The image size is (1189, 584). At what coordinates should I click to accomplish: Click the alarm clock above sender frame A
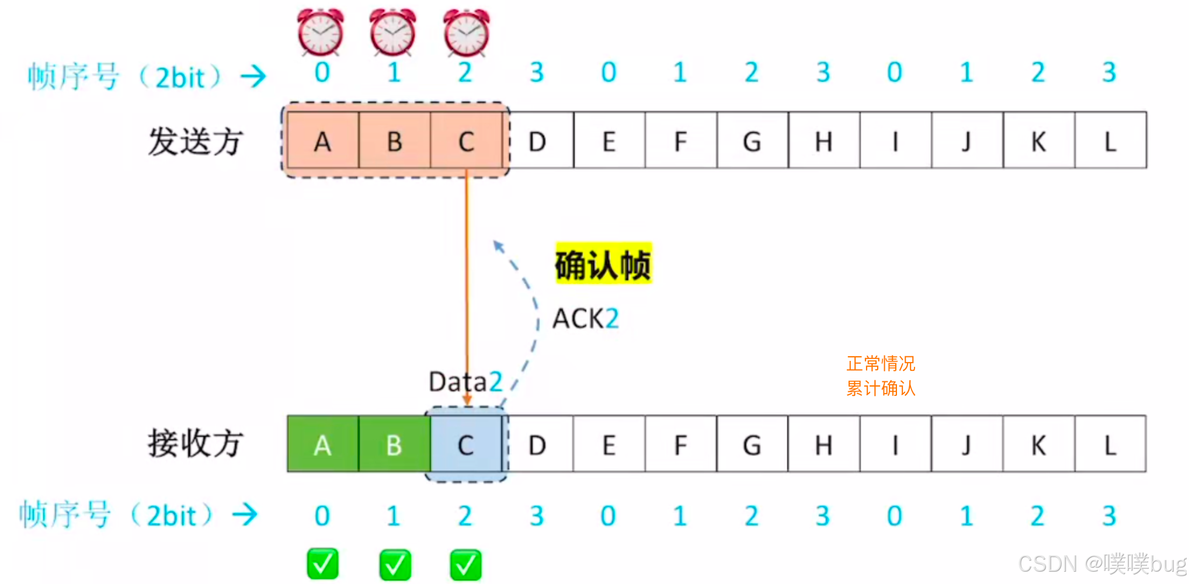coord(321,32)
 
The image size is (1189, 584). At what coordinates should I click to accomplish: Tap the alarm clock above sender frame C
coord(466,32)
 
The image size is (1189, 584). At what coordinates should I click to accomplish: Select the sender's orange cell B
coord(394,141)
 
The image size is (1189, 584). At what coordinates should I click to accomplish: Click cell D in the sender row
coord(537,141)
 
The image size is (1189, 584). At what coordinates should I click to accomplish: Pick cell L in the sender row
coord(1110,141)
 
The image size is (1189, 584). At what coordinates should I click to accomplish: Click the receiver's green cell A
coord(322,444)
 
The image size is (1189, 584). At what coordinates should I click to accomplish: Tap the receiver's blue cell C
coord(466,444)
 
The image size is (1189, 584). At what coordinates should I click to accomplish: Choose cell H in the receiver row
coord(823,444)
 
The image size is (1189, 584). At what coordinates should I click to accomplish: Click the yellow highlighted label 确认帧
coord(603,264)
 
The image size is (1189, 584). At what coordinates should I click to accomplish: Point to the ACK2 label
coord(585,319)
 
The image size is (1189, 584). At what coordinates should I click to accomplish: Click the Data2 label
coord(465,382)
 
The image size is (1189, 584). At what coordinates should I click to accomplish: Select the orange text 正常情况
coord(881,363)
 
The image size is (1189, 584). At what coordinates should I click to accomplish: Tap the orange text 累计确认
coord(881,388)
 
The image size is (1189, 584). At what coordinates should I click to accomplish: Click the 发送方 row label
coord(195,142)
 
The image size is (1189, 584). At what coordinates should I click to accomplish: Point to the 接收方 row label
coord(195,443)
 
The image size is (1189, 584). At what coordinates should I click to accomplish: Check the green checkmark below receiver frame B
coord(395,564)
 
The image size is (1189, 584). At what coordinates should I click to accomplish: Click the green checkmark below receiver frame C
coord(466,564)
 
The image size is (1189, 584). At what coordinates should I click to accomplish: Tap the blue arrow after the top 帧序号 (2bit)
coord(253,76)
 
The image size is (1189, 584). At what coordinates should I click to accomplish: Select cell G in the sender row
coord(752,141)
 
